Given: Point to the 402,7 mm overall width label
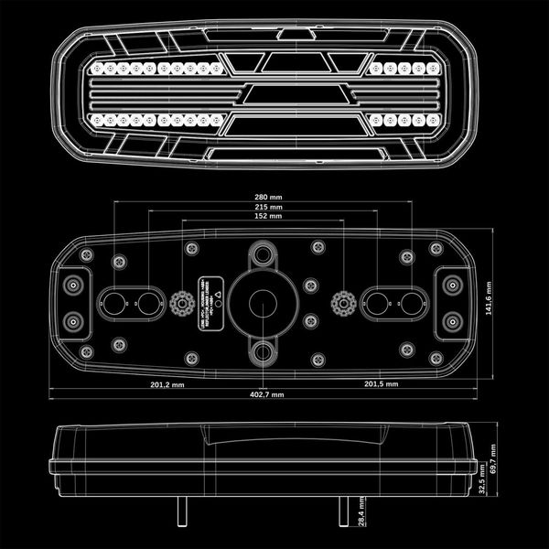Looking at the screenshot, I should point(266,394).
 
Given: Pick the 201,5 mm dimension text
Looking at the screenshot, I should point(382,384).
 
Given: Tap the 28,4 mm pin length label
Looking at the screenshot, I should point(361,514).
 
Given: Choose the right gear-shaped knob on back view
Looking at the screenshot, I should point(343,300).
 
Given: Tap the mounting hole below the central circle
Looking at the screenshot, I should point(264,349).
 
